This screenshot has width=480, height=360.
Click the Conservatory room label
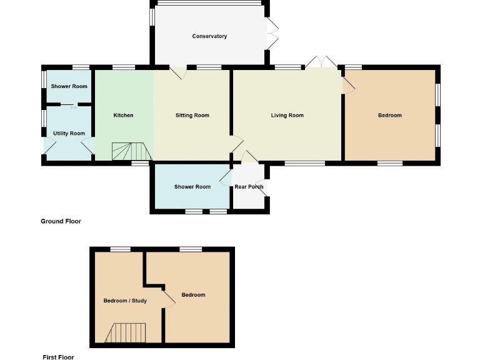point(209,36)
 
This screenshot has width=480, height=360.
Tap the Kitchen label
point(123,116)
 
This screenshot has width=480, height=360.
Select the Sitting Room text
point(192,116)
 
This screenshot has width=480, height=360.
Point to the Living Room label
point(287,116)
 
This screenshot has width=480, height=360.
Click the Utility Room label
point(69,134)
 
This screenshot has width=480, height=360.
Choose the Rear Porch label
point(249,187)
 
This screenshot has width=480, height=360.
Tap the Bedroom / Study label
point(125,301)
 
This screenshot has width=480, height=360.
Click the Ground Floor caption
point(61,221)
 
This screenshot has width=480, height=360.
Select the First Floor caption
point(58,357)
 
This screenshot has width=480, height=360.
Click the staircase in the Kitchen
point(132,151)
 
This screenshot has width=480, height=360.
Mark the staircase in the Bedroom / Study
point(126,332)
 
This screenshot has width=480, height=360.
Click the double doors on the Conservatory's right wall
point(273,34)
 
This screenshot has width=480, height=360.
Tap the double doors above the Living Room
point(321,62)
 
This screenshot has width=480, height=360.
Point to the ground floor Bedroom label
point(390,116)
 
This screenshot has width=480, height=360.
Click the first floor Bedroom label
point(193,295)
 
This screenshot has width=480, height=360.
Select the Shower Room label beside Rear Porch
point(192,187)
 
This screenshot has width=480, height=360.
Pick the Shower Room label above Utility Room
point(69,86)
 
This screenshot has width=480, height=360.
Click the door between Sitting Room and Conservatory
point(177,72)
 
